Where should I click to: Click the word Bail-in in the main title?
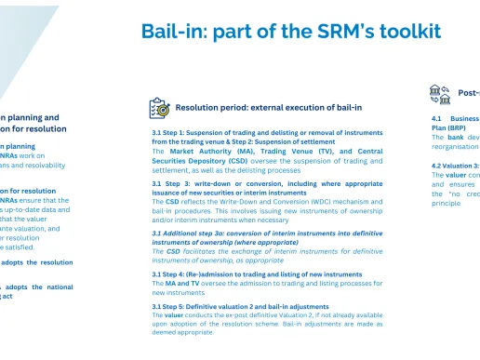point(171,31)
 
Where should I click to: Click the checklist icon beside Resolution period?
point(159,108)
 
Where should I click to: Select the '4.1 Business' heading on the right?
point(454,119)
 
